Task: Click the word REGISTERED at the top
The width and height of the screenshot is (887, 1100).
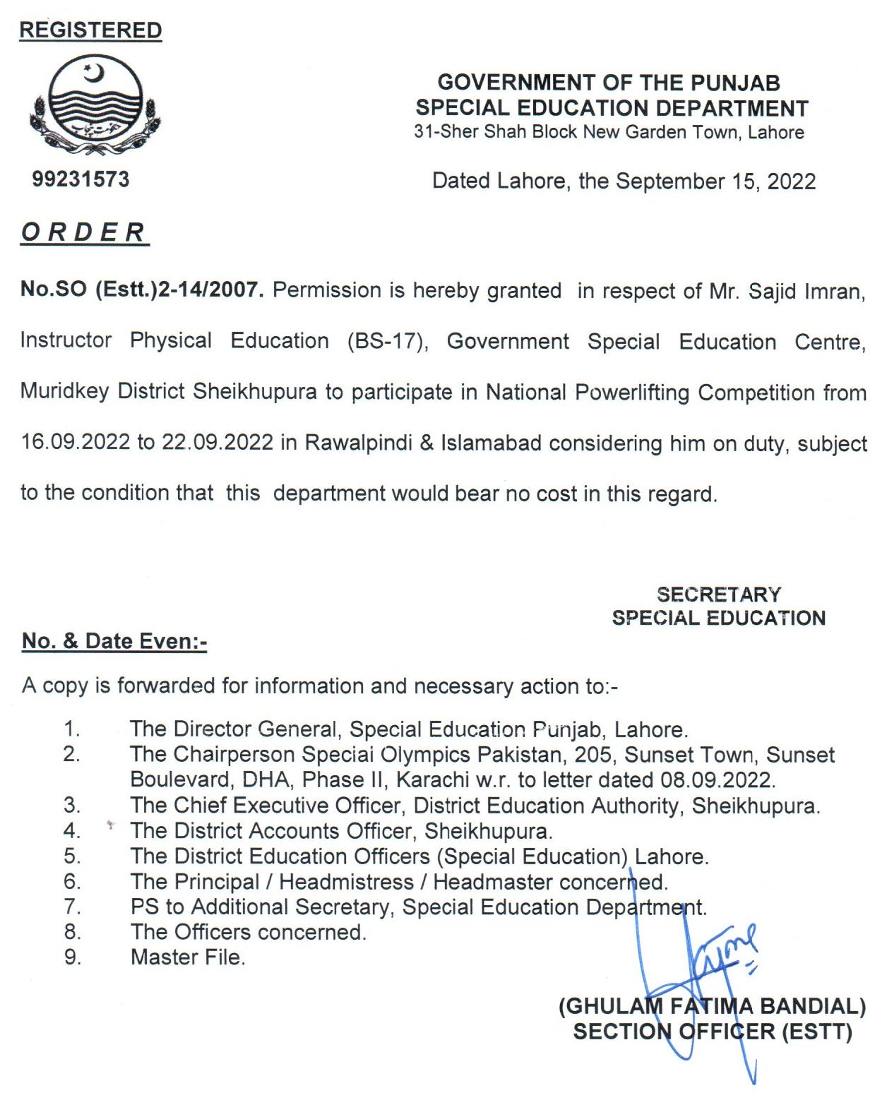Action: pos(90,30)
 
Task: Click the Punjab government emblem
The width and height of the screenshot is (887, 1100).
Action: pos(93,104)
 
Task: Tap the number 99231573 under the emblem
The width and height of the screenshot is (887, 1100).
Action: pos(81,179)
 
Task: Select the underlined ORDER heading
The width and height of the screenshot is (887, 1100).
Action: pos(84,232)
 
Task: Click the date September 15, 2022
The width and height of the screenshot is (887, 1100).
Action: pos(715,181)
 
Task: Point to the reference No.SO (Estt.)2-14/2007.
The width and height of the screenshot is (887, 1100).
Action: pos(141,290)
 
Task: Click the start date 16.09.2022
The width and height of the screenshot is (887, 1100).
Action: pos(76,443)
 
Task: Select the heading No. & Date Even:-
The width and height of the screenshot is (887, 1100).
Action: pos(114,641)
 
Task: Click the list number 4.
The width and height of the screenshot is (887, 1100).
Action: pos(71,831)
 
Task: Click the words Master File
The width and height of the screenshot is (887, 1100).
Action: pos(188,958)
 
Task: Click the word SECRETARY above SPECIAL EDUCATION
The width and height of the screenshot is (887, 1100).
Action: pos(718,594)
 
